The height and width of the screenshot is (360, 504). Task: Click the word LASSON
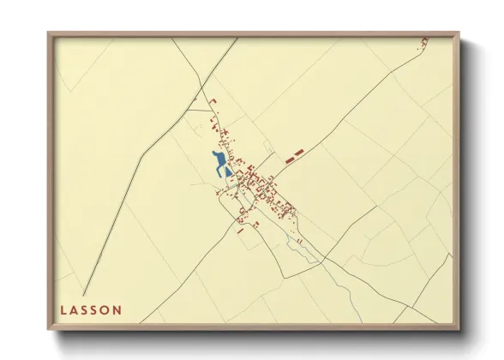(91, 309)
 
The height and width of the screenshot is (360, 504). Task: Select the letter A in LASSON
(75, 309)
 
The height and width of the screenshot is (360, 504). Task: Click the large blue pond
(219, 161)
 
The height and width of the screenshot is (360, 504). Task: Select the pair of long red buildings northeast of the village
(294, 154)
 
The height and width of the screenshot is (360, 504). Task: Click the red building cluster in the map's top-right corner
(423, 43)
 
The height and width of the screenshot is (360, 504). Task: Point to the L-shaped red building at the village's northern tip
(213, 103)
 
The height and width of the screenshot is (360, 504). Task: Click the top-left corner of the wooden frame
(49, 33)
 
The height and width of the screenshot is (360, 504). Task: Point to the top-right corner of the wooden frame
(458, 33)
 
